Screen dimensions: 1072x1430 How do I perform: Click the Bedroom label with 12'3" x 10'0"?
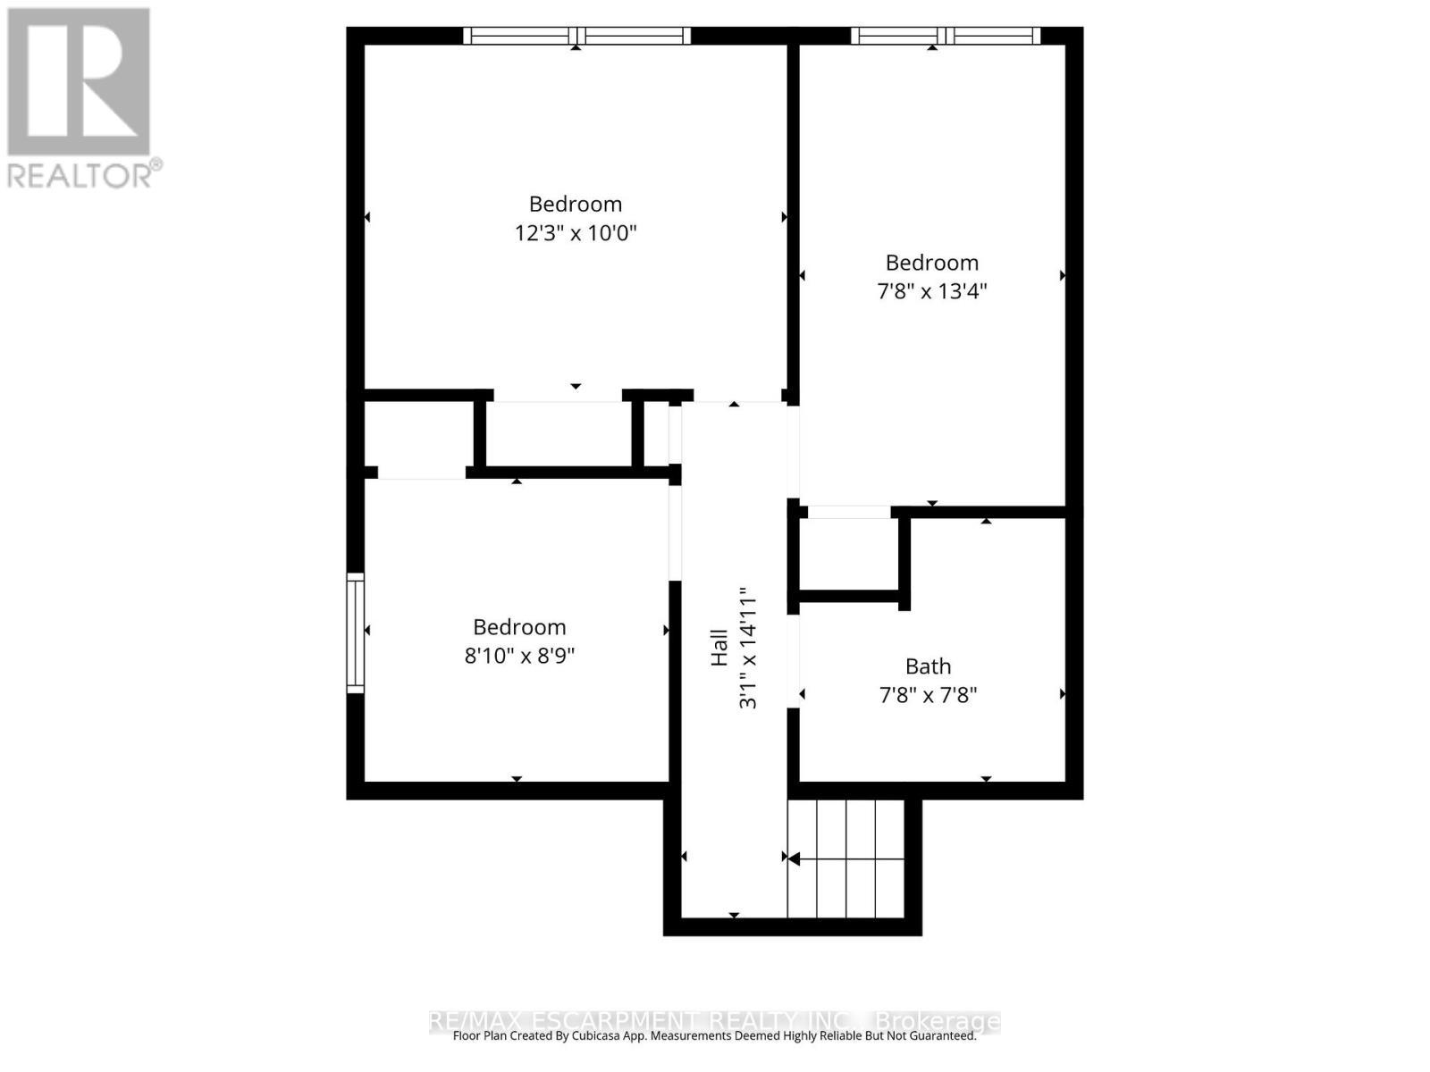tap(575, 204)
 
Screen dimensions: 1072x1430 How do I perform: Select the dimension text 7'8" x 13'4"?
tap(931, 291)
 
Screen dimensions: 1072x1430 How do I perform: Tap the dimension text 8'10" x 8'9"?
tap(519, 656)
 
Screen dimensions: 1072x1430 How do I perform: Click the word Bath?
tap(928, 666)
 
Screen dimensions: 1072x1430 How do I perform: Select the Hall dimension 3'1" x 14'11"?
tap(747, 648)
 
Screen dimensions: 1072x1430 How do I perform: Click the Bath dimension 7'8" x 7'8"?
tap(928, 695)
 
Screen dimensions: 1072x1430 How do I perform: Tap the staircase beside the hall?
tap(845, 858)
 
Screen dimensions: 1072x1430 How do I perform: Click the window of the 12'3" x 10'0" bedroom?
tap(576, 36)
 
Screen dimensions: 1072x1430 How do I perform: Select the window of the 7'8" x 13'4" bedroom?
tap(945, 36)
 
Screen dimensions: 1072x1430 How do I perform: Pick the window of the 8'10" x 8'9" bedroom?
tap(356, 632)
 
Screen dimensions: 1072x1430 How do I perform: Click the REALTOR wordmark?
tap(85, 174)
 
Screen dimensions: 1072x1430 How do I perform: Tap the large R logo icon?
tap(79, 82)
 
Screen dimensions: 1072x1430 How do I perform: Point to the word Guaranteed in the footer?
tap(938, 1036)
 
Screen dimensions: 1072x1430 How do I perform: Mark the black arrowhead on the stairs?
tap(793, 858)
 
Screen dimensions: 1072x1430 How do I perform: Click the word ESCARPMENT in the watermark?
tap(609, 1021)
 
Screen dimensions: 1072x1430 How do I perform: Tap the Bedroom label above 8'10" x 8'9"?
tap(519, 627)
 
